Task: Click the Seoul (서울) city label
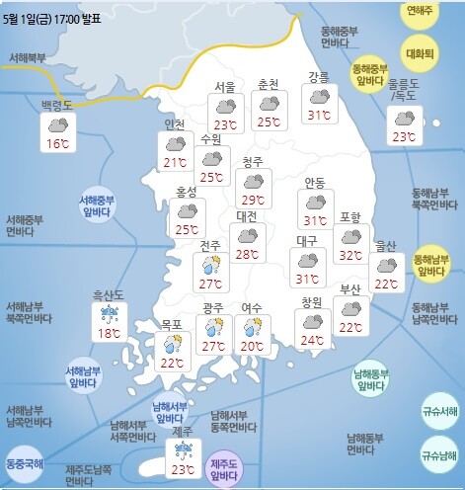[x=225, y=87]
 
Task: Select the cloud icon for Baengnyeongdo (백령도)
[x=57, y=125]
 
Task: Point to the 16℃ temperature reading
[x=57, y=144]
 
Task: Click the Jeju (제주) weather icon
[x=182, y=449]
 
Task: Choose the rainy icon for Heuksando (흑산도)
[x=108, y=316]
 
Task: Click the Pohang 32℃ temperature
[x=349, y=256]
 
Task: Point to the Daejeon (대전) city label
[x=247, y=216]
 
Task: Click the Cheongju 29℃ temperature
[x=254, y=201]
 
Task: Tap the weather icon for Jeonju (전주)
[x=210, y=265]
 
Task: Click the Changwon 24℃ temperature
[x=312, y=341]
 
